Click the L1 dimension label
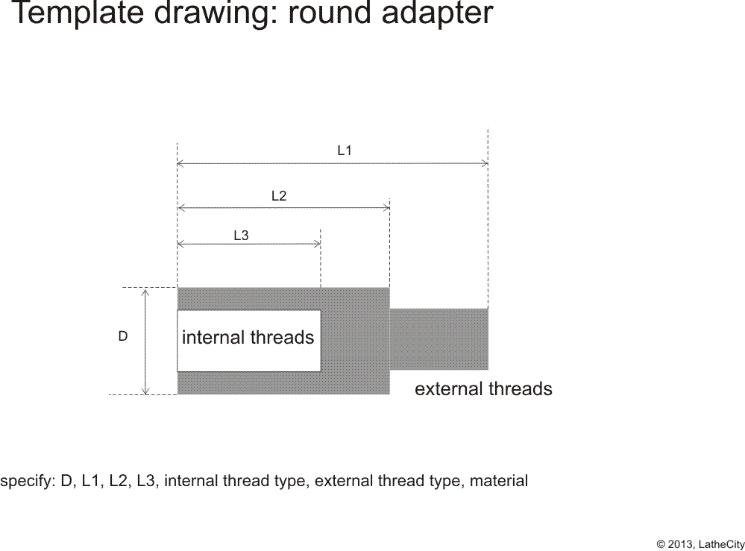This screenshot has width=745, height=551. coord(345,151)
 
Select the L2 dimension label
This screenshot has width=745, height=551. coord(279,195)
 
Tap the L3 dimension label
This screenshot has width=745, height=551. coord(241,235)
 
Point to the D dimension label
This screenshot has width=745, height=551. coord(122,336)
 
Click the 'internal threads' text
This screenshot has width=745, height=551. coord(248,337)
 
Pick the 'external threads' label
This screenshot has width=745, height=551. coord(483,388)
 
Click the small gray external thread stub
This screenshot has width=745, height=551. coord(439,339)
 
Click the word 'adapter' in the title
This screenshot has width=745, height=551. coord(438,13)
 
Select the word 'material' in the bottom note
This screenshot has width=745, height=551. coord(499,481)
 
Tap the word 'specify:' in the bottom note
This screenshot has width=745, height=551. coord(28,481)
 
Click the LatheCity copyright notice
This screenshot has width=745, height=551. coord(700,544)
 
